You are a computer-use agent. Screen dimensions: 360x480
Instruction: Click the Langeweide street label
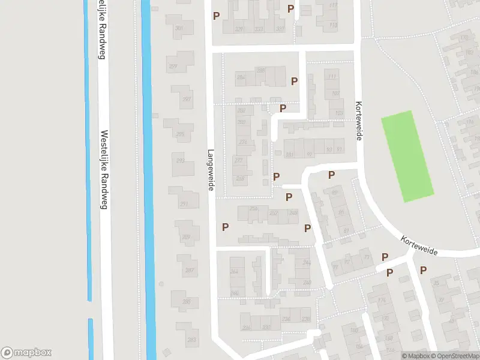pyautogui.click(x=211, y=170)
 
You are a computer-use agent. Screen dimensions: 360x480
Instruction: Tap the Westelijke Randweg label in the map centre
pyautogui.click(x=104, y=170)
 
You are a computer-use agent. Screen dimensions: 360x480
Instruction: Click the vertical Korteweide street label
pyautogui.click(x=359, y=121)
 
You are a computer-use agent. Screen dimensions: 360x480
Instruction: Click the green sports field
pyautogui.click(x=407, y=156)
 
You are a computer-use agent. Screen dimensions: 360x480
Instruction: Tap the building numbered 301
pyautogui.click(x=179, y=28)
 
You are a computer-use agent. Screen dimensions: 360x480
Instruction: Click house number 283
pyautogui.click(x=191, y=340)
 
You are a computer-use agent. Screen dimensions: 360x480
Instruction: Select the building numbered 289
pyautogui.click(x=186, y=237)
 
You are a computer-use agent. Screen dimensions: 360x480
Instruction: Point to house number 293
pyautogui.click(x=180, y=161)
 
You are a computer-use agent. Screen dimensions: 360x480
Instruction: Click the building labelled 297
pyautogui.click(x=187, y=99)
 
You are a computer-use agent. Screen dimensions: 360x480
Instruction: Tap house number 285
pyautogui.click(x=187, y=301)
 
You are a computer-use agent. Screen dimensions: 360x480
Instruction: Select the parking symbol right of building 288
pyautogui.click(x=295, y=81)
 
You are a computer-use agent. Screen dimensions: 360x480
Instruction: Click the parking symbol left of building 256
pyautogui.click(x=226, y=227)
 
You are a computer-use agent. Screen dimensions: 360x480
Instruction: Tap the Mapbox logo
pyautogui.click(x=26, y=353)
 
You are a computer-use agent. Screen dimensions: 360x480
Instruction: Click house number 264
pyautogui.click(x=233, y=271)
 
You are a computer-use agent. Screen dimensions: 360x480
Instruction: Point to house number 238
pyautogui.click(x=305, y=319)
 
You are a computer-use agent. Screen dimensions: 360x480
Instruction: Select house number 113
pyautogui.click(x=333, y=25)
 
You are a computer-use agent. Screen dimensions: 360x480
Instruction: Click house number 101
pyautogui.click(x=340, y=113)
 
